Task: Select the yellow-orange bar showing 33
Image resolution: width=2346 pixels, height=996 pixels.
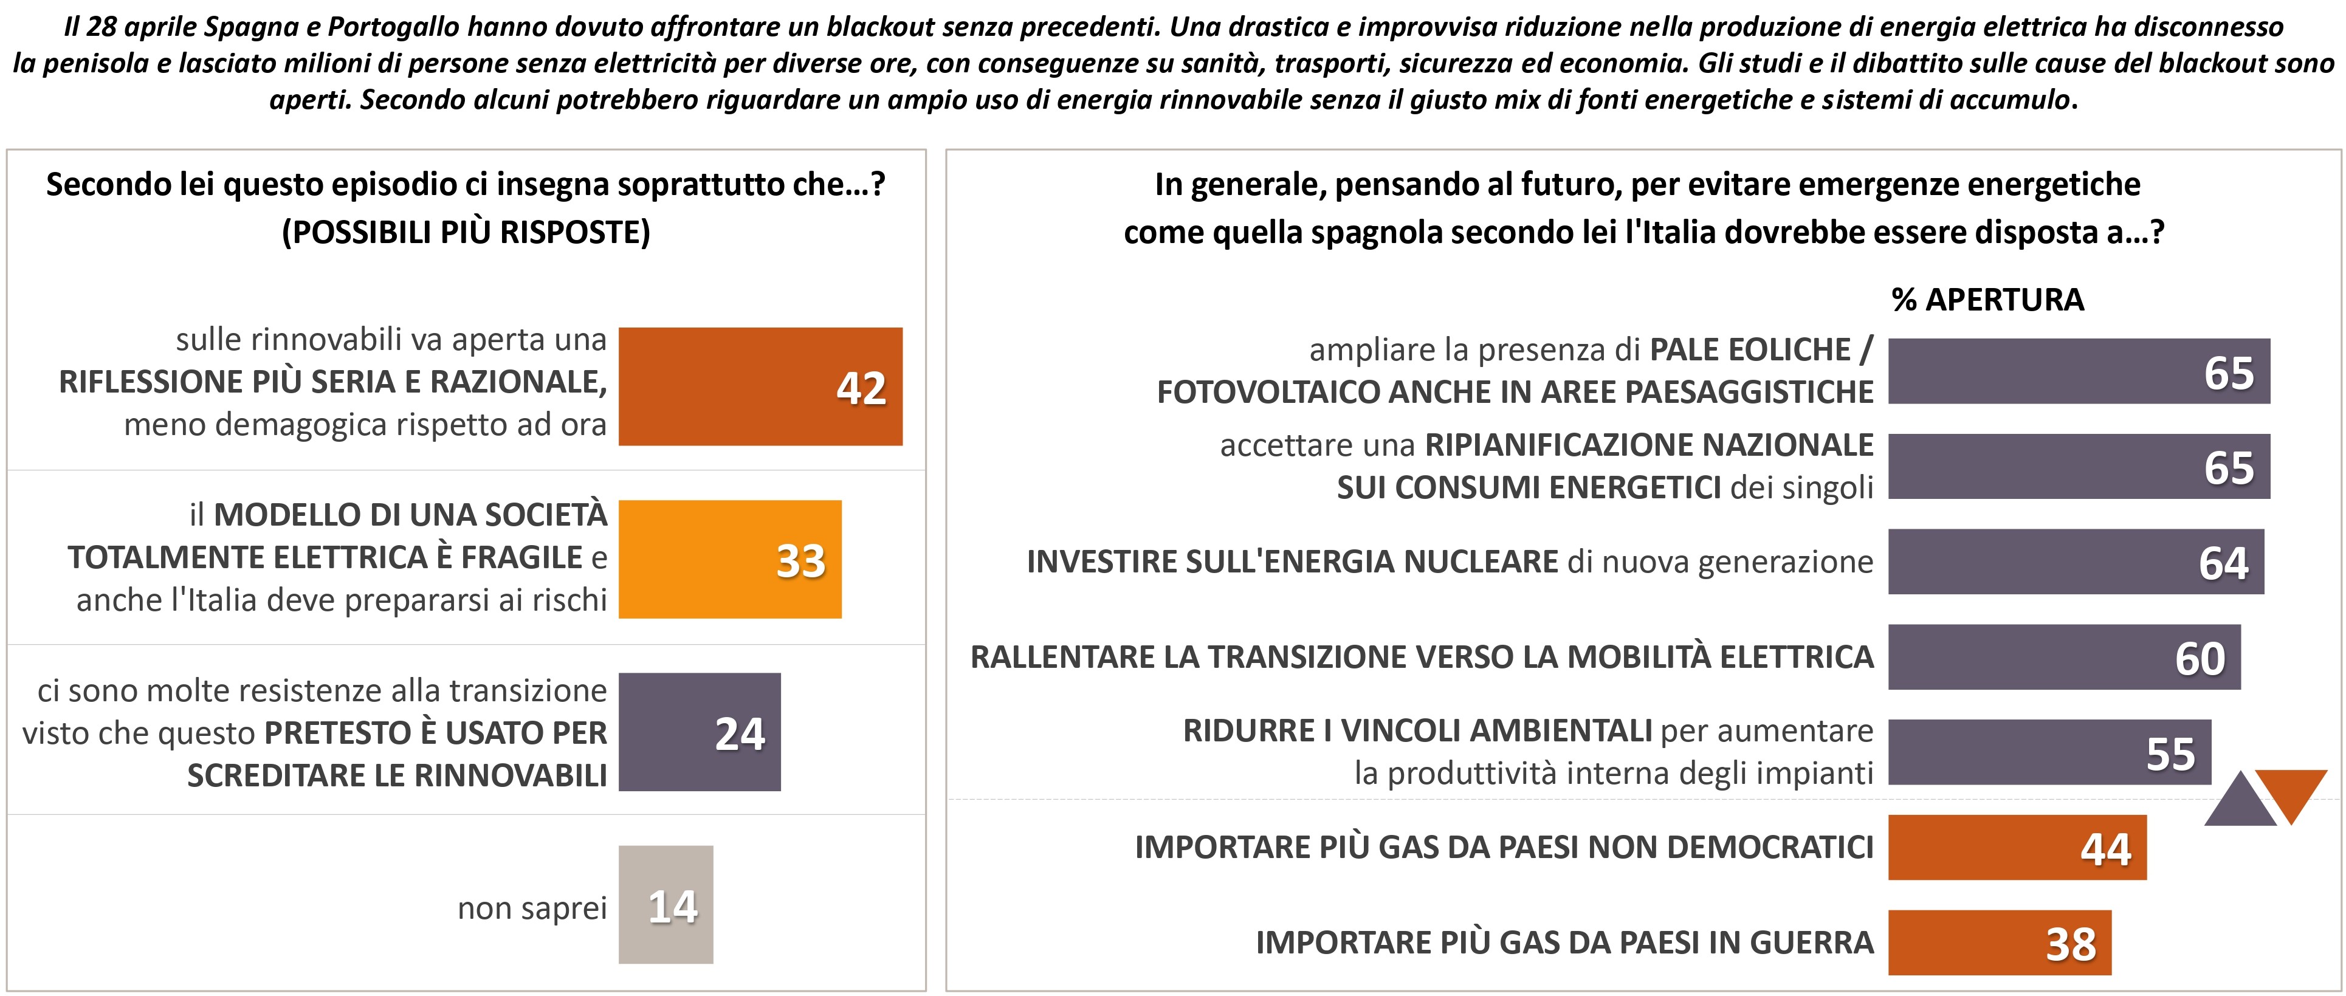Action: [729, 559]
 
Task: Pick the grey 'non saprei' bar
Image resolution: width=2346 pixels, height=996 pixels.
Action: [665, 905]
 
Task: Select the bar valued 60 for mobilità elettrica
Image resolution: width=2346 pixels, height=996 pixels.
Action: [2063, 656]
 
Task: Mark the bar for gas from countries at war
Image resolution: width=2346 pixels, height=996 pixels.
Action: [1998, 943]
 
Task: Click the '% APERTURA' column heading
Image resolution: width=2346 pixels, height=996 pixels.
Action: [1987, 300]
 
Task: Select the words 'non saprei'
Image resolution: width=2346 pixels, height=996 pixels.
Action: [532, 908]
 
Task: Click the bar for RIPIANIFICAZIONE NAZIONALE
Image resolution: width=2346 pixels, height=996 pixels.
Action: [2078, 466]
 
